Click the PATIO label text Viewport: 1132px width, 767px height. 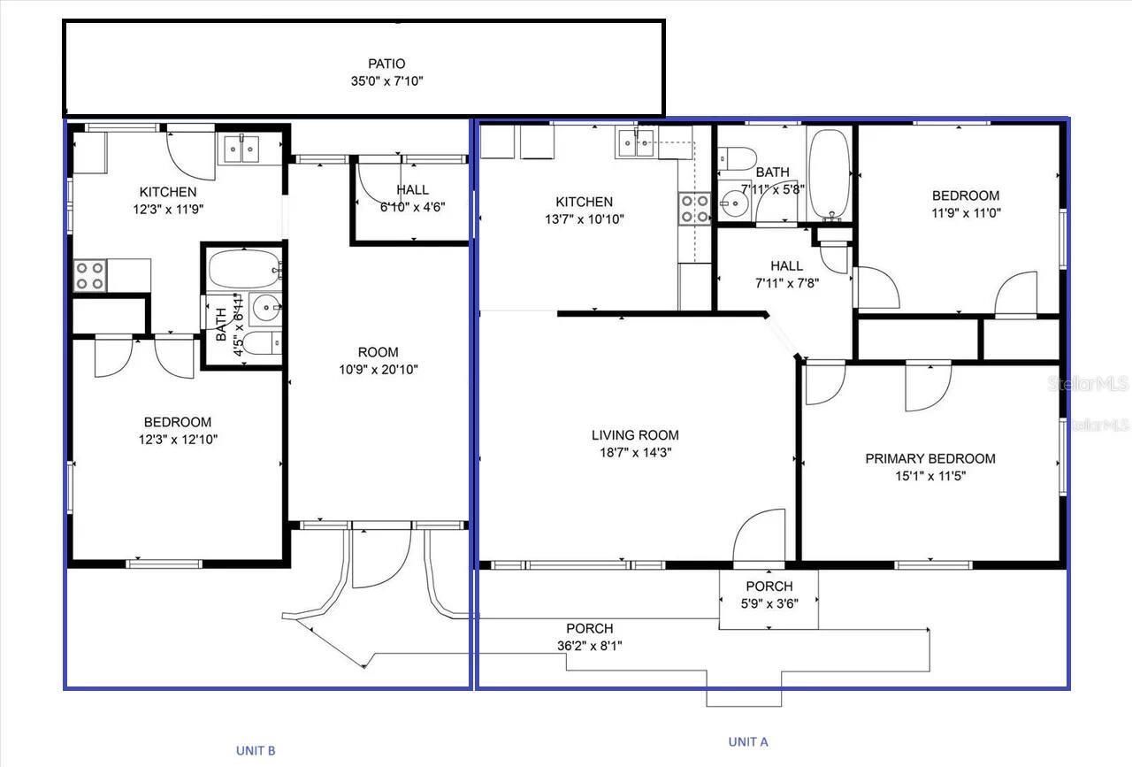[386, 64]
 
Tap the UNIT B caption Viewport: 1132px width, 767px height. [256, 750]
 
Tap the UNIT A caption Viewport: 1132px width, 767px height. [747, 741]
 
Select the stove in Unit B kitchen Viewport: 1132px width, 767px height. [89, 275]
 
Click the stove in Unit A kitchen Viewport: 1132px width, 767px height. [694, 208]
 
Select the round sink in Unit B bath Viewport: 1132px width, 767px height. [265, 309]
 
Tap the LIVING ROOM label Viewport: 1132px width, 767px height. [635, 434]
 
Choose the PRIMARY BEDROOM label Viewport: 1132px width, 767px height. [929, 458]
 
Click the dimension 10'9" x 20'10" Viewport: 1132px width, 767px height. [379, 370]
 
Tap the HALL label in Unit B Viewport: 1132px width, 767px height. [412, 189]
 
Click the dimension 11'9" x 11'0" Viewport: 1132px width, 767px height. [966, 212]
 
